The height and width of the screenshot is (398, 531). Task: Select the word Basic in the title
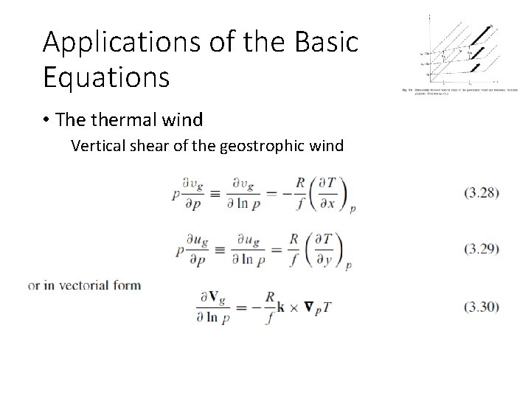click(327, 42)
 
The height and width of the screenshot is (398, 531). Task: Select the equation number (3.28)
click(482, 193)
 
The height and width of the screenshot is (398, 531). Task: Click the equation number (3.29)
click(482, 248)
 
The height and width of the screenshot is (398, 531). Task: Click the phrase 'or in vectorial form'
click(83, 285)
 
